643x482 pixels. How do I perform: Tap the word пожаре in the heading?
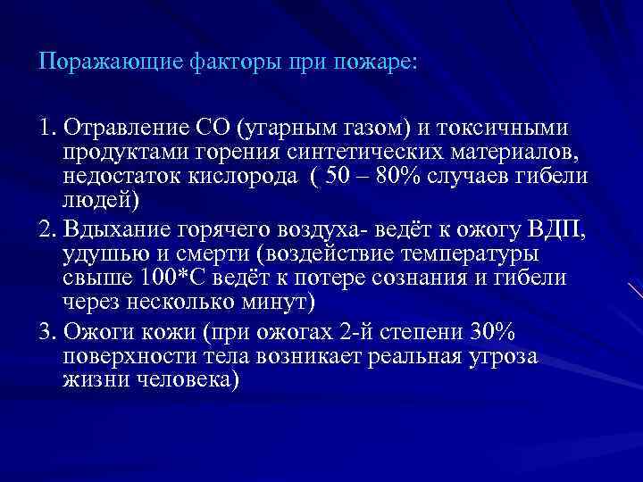coord(381,63)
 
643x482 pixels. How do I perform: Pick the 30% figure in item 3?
coord(490,333)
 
